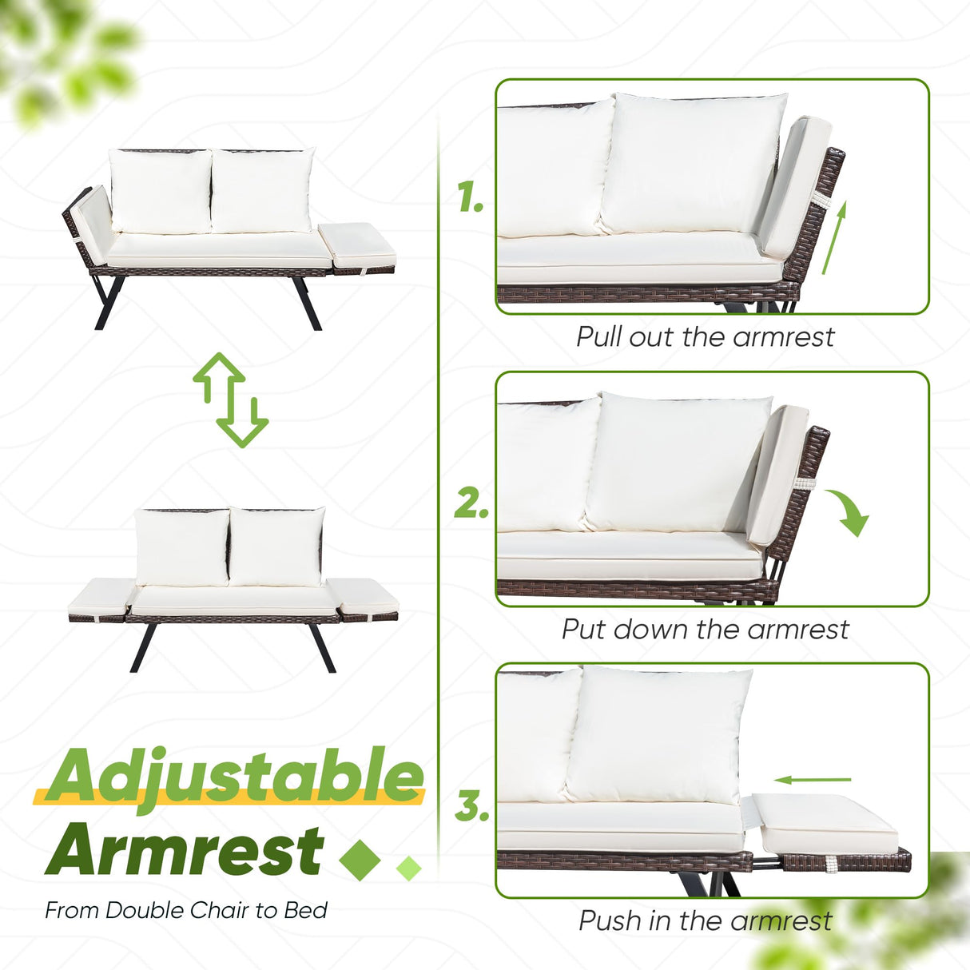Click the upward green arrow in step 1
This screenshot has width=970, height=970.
[835, 238]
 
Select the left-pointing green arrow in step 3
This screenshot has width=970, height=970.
[813, 780]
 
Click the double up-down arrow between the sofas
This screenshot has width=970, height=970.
[231, 400]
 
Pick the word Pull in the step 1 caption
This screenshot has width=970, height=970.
[600, 336]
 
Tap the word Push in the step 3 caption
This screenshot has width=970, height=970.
[610, 921]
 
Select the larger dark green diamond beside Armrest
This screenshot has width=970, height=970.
[359, 860]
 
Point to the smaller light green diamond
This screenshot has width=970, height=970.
[408, 868]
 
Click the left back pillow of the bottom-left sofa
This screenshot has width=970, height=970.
[182, 547]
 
